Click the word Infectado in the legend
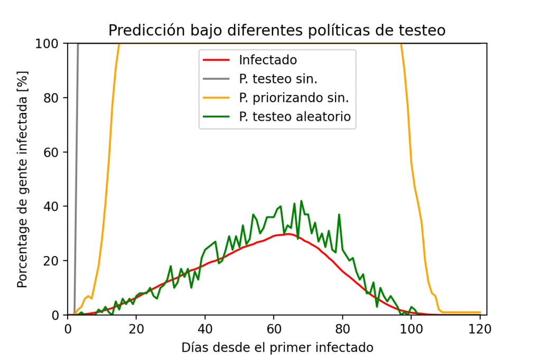tap(267, 60)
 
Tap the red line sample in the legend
tap(216, 60)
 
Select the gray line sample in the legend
tap(216, 79)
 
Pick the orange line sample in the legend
tap(216, 98)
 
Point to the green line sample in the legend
tap(216, 117)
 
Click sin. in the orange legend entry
tap(339, 98)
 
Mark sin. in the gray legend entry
tap(307, 79)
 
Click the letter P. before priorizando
tap(244, 98)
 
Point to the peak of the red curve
tap(288, 233)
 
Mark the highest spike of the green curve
tap(301, 201)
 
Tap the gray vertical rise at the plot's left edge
tap(76, 174)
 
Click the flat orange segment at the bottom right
tap(462, 312)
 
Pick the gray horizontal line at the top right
tap(444, 44)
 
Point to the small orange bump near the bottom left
tap(88, 297)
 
